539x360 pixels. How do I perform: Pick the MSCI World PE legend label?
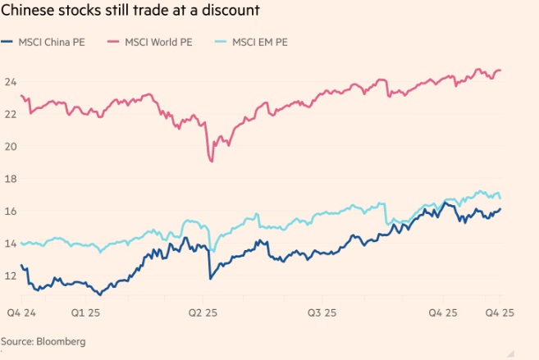[x=158, y=41]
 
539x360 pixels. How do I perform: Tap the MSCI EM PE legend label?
[x=261, y=41]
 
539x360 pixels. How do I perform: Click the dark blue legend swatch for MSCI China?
[x=7, y=41]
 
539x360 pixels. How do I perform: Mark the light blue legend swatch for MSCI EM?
[x=222, y=41]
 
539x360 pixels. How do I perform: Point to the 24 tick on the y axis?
[x=11, y=82]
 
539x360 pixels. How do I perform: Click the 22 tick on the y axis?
[x=11, y=114]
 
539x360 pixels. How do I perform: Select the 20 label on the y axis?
[x=11, y=147]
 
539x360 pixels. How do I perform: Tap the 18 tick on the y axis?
[x=11, y=179]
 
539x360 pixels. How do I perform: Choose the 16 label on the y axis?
[x=11, y=211]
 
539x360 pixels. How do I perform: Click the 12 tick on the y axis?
[x=11, y=276]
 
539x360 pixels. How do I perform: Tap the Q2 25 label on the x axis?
[x=202, y=312]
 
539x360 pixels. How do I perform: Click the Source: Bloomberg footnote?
[x=43, y=340]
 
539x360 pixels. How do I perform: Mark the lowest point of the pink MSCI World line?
[x=212, y=161]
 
